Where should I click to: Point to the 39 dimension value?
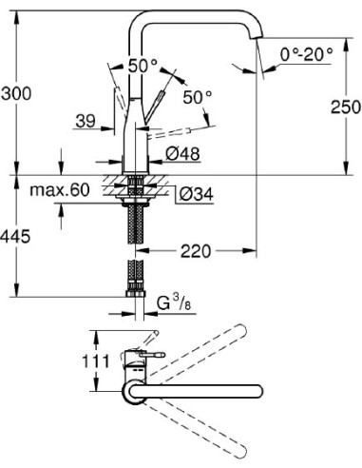click(84, 121)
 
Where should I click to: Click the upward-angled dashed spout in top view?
click(204, 356)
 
